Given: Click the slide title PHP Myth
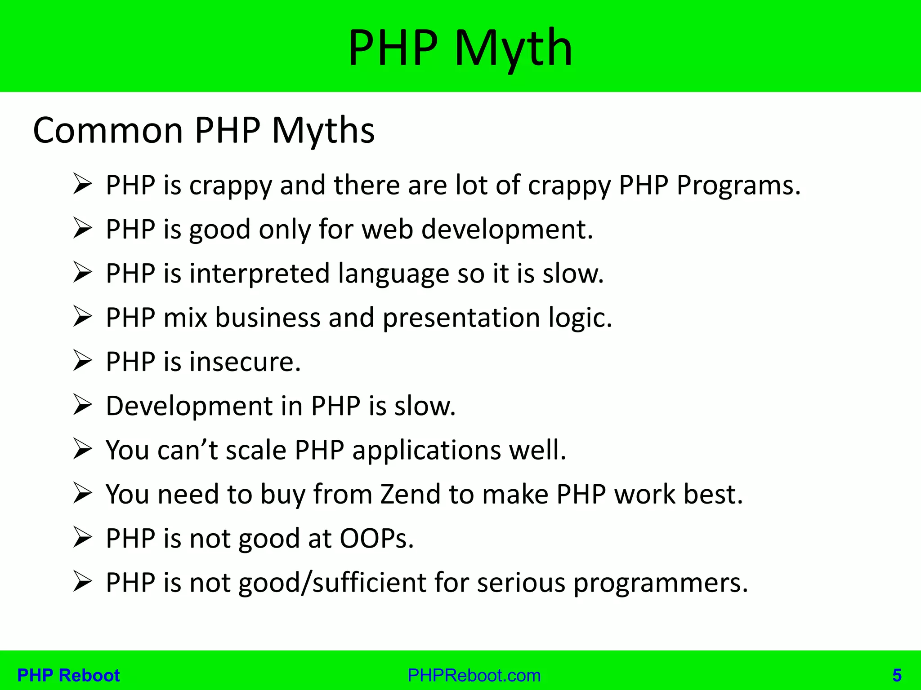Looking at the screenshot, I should pos(460,48).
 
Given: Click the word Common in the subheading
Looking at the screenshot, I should pos(108,131).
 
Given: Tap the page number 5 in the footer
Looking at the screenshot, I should pos(897,675).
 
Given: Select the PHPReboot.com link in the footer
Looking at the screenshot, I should pos(474,675).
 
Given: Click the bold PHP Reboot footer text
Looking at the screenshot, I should pos(68,675).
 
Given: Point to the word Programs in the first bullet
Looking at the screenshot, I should pos(738,185).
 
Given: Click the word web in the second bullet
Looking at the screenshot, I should pos(387,229).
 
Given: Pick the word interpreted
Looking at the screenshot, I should pos(259,273).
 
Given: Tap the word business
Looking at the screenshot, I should pos(268,318).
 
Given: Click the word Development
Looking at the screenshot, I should pos(189,406).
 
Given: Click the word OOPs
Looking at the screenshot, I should pos(376,538).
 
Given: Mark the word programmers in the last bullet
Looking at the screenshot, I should pos(660,583).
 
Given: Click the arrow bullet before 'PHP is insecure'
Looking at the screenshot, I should pos(83,362).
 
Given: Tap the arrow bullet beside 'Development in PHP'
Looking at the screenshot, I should pos(83,406).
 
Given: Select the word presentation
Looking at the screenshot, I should pos(461,318).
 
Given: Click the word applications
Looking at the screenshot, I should pos(426,450).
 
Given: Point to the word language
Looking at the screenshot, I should pos(393,273).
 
